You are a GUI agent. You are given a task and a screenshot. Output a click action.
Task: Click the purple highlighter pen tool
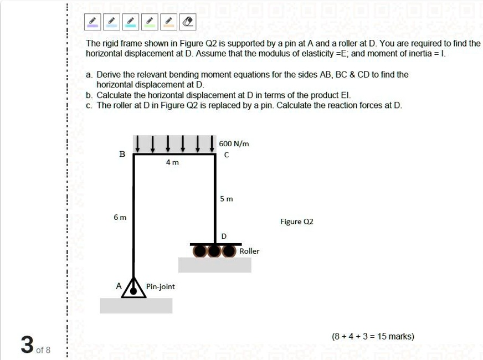93,22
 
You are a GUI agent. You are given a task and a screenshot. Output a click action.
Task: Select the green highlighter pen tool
150,22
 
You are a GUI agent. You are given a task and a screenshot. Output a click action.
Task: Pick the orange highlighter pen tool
168,22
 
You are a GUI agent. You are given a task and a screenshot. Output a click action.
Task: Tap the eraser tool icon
188,22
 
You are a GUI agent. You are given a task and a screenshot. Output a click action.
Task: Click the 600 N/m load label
234,143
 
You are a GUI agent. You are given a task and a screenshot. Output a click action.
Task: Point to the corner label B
122,155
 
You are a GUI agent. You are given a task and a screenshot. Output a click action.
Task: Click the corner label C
225,155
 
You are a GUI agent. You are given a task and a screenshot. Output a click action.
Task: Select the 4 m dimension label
172,163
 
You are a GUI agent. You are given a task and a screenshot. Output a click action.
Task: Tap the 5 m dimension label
227,198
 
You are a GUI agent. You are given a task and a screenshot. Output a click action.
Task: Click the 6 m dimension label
120,217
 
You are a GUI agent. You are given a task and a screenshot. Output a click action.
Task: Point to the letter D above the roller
224,236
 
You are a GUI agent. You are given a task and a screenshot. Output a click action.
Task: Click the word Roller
249,251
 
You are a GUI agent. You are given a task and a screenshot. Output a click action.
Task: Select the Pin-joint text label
161,286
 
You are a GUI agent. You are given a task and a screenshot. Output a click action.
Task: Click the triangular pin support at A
134,288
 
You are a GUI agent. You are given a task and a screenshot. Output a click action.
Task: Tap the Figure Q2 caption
296,222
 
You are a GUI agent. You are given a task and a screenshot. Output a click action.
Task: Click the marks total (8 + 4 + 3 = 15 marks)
373,336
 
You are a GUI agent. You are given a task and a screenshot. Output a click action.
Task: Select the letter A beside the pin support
118,286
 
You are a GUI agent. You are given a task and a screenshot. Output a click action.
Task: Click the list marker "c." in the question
90,105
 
